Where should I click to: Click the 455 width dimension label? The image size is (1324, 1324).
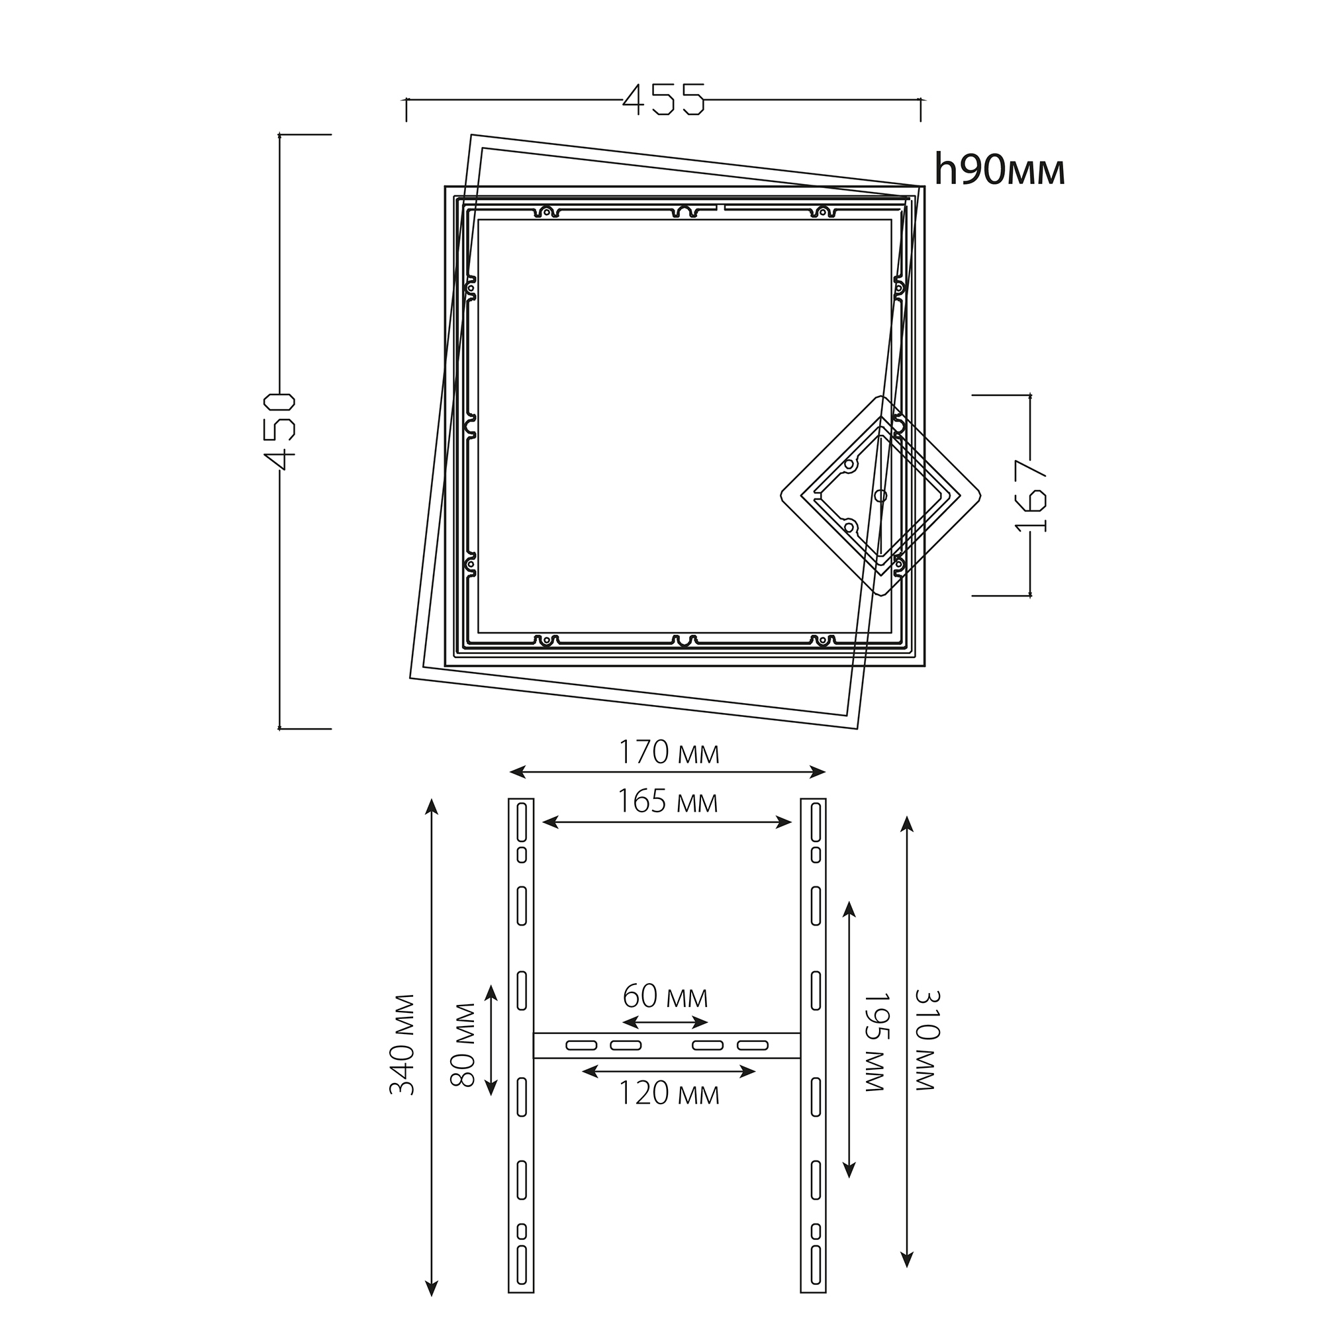(x=663, y=99)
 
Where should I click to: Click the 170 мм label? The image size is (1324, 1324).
(x=669, y=753)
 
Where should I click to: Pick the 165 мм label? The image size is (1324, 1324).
(x=668, y=801)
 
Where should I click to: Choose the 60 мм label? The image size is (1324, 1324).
(x=665, y=996)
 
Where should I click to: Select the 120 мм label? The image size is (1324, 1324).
(x=669, y=1094)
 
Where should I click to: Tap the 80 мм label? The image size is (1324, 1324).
(x=463, y=1045)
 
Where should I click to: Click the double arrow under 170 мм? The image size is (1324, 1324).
(x=668, y=773)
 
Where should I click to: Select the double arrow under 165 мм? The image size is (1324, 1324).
(x=667, y=822)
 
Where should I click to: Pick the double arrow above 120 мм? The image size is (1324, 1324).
(x=668, y=1071)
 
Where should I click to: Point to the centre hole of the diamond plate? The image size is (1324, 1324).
(x=880, y=495)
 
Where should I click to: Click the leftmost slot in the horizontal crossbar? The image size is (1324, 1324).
(x=580, y=1046)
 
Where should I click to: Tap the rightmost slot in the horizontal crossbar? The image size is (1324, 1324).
(x=753, y=1046)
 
